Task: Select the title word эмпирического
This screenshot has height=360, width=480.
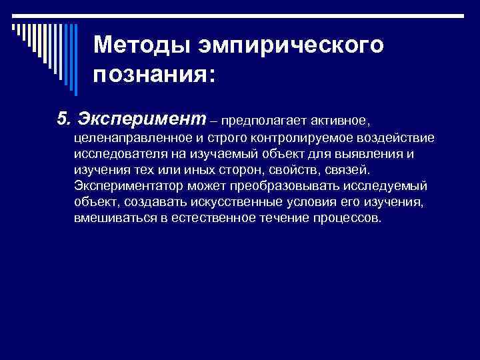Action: click(289, 45)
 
